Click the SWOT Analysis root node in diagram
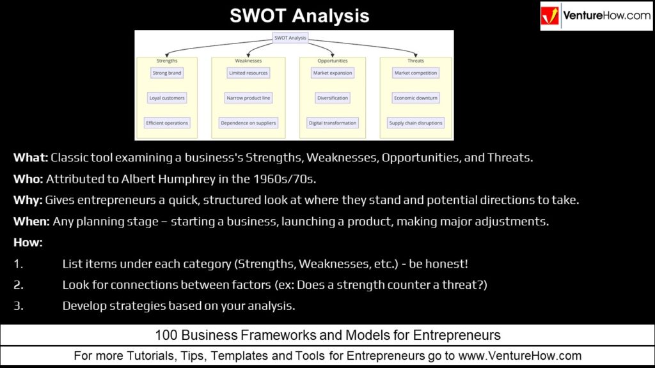(x=290, y=38)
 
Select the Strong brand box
(x=167, y=73)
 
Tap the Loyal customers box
(x=167, y=98)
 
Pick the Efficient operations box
(x=167, y=123)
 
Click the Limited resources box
(x=248, y=73)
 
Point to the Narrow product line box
(x=248, y=98)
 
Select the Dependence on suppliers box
(x=248, y=123)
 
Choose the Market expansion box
(x=333, y=73)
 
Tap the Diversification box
(x=333, y=98)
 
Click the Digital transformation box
(x=333, y=123)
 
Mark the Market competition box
(x=416, y=73)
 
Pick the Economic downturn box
(x=416, y=98)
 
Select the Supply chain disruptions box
(x=416, y=123)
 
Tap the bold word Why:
(x=28, y=200)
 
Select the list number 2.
(x=19, y=284)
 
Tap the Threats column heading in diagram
(x=416, y=61)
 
